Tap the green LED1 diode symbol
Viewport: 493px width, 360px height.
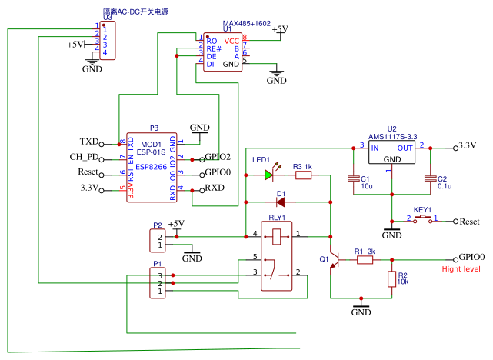pos(269,175)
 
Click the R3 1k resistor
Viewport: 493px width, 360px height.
pos(302,175)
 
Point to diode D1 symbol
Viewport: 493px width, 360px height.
pos(281,202)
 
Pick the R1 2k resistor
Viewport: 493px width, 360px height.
pos(365,260)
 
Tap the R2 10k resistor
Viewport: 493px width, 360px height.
pos(391,279)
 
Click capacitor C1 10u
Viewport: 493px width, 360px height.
pos(352,179)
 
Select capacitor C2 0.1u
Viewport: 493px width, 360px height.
pos(431,179)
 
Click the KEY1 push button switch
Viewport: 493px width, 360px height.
pos(422,220)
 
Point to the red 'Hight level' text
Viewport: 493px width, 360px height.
pos(461,269)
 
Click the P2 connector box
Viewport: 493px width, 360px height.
pos(158,241)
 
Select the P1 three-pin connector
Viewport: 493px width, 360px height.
pos(158,282)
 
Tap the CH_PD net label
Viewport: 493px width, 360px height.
pos(85,158)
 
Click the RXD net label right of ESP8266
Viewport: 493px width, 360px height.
pos(213,188)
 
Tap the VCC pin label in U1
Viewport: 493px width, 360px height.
pos(232,40)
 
